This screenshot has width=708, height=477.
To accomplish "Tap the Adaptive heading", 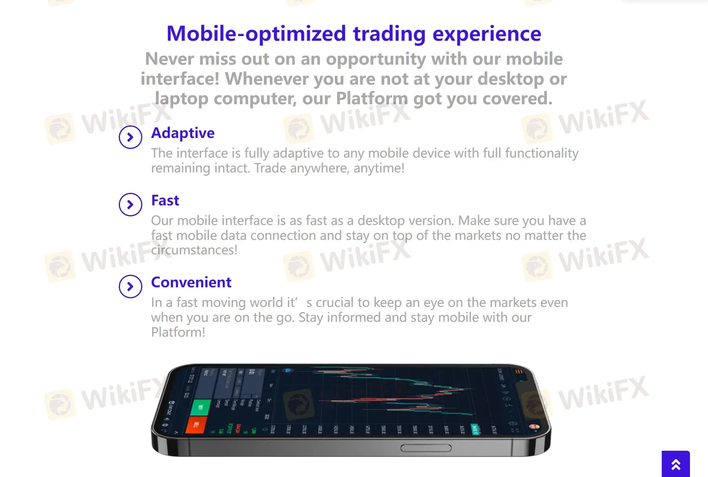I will click(x=183, y=133).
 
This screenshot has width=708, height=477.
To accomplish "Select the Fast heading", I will click(x=165, y=200).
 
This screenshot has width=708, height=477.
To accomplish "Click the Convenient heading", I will click(x=191, y=282).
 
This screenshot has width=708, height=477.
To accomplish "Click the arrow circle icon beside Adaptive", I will click(x=130, y=137).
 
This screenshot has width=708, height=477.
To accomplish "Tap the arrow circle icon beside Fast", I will click(x=130, y=205).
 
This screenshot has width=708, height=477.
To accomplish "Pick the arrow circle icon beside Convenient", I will click(x=130, y=287).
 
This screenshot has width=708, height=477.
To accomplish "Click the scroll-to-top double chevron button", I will click(x=675, y=464).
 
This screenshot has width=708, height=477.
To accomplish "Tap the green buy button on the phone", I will click(x=201, y=408).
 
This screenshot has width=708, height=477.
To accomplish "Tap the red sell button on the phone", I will click(x=196, y=425).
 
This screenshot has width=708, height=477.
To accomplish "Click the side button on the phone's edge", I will click(x=426, y=448).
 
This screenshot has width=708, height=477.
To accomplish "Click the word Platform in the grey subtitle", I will click(x=372, y=98).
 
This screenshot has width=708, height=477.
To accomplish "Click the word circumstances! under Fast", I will click(x=194, y=250).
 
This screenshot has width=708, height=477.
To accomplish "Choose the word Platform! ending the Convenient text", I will click(x=178, y=332).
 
